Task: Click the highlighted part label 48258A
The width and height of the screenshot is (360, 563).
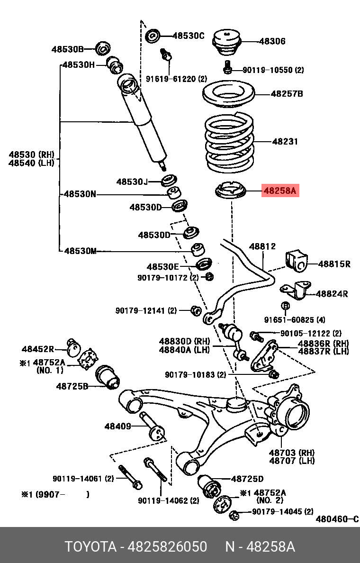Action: (279, 191)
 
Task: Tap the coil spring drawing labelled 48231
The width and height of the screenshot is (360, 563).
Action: (229, 145)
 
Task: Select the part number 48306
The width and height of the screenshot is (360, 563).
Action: (272, 41)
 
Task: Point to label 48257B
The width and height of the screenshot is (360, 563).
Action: (287, 94)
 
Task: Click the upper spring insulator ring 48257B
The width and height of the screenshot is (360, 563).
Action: (229, 96)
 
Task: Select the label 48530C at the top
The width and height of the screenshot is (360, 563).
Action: (188, 36)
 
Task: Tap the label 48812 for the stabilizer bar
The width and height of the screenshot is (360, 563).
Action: (262, 246)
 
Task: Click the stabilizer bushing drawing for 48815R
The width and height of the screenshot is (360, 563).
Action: (297, 261)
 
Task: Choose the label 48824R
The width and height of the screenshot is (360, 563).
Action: (332, 294)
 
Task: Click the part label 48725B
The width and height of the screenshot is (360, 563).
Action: (72, 386)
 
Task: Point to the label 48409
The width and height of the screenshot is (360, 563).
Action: (117, 427)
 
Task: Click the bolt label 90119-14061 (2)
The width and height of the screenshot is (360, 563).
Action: (83, 479)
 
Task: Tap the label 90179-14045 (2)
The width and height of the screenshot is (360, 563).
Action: (282, 512)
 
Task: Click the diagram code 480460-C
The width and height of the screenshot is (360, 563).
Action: (337, 519)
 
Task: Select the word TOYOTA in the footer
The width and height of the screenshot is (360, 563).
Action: (90, 547)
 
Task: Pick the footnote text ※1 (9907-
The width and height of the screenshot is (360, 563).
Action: (40, 494)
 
